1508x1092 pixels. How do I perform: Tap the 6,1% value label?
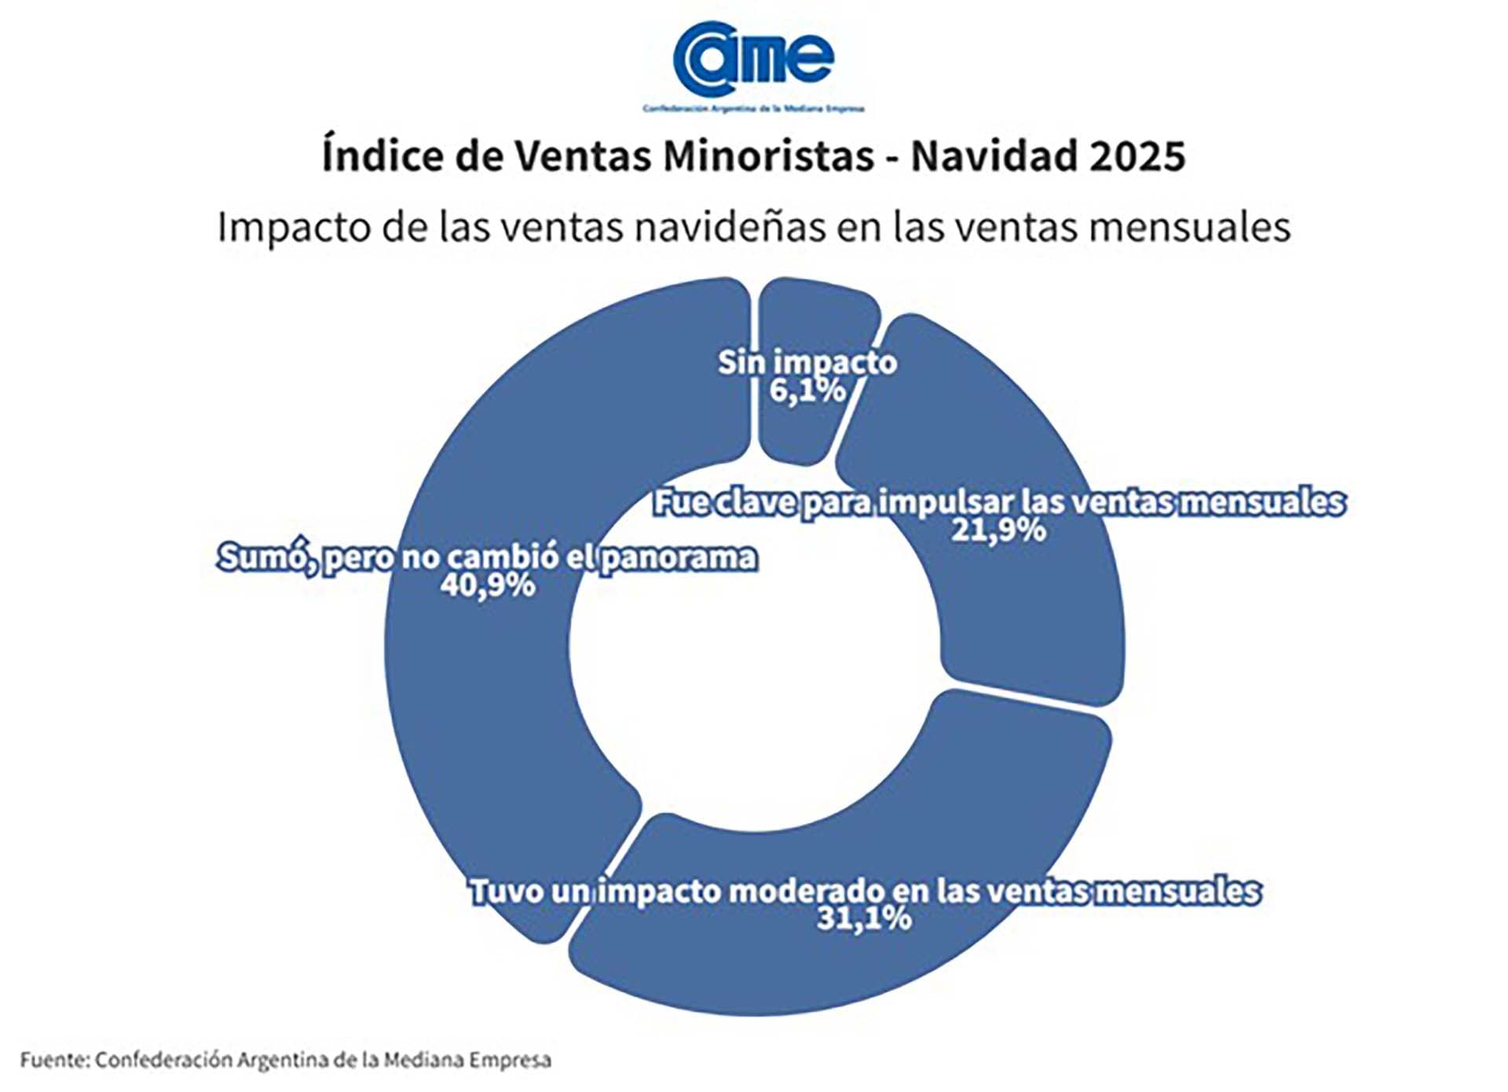pos(807,390)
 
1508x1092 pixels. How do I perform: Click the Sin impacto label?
pos(807,363)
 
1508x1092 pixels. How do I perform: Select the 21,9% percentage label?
pos(998,530)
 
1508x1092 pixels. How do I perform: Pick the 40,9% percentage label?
pos(487,585)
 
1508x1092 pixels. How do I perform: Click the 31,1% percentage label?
pos(864,918)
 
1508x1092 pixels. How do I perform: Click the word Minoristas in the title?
pos(768,156)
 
